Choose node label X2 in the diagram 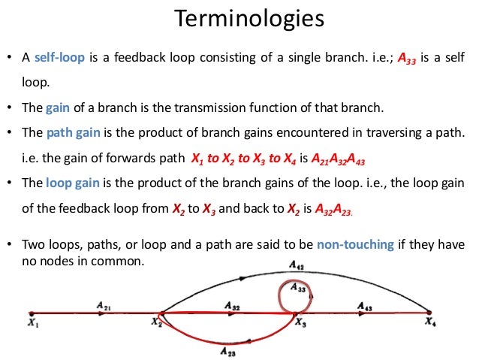point(156,324)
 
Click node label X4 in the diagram point(429,324)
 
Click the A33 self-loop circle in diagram point(293,295)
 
